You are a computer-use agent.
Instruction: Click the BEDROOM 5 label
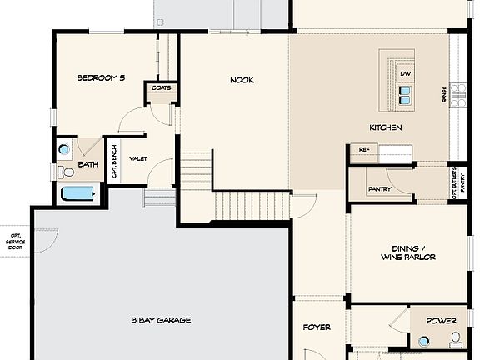tap(101, 77)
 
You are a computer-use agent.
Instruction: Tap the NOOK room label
tap(242, 80)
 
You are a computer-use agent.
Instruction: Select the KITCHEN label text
tap(386, 127)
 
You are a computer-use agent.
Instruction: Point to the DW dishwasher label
tap(405, 74)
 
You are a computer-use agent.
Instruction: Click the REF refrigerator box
tap(363, 150)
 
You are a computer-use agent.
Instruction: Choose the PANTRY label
tap(379, 189)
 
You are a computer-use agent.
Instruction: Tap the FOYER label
tap(317, 327)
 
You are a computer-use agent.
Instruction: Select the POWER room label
tap(441, 321)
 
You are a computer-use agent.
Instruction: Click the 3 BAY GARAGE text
tap(161, 319)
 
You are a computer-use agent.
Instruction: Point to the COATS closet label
tap(161, 87)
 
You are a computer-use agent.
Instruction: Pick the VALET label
tap(137, 158)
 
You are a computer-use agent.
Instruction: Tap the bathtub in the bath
tap(79, 194)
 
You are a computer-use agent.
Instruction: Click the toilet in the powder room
tap(455, 339)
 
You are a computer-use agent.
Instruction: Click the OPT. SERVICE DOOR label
tap(15, 242)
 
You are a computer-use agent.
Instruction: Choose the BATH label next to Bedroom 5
tap(87, 164)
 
